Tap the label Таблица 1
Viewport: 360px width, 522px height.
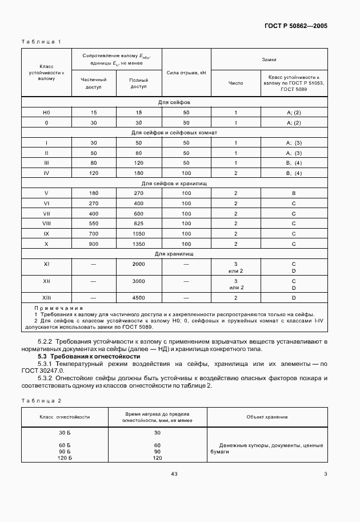(41, 42)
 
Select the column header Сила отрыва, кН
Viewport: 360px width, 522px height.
(186, 73)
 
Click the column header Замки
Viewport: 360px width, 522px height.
(269, 59)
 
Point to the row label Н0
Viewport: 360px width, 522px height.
(46, 113)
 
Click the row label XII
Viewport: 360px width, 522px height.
(46, 281)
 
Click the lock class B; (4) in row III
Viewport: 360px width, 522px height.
(293, 163)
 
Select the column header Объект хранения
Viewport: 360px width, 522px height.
(267, 417)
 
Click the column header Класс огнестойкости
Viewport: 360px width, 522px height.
(65, 417)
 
